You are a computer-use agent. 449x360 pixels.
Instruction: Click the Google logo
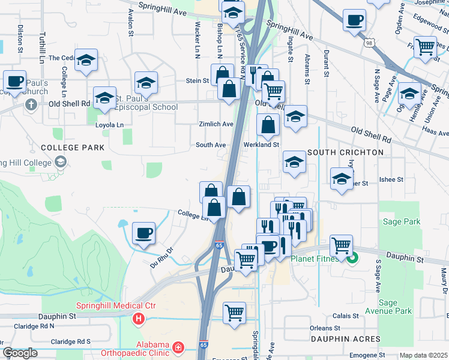(20, 353)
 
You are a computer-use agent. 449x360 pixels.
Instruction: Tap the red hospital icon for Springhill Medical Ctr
(139, 318)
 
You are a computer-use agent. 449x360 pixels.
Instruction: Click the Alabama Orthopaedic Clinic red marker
(178, 347)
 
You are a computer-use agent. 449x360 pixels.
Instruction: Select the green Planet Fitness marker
(352, 259)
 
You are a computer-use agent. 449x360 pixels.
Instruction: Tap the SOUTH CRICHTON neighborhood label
(345, 152)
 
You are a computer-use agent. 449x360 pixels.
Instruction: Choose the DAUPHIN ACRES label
(345, 339)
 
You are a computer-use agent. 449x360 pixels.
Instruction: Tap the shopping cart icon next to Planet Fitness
(341, 245)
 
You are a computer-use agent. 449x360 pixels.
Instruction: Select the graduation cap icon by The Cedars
(87, 60)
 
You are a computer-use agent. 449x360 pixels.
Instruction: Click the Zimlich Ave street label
(216, 124)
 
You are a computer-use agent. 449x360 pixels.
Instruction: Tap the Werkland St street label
(262, 145)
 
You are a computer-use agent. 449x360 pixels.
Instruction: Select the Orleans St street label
(325, 329)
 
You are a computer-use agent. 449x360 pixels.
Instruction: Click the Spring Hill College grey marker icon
(60, 162)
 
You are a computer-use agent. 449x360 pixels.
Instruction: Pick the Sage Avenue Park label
(396, 307)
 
